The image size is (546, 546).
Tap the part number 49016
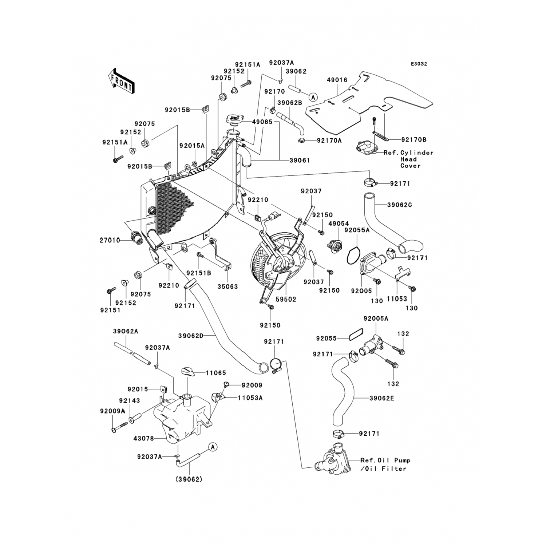pos(337,80)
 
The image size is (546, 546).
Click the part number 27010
pos(110,240)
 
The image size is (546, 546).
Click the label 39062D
pos(191,336)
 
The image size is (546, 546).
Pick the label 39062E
pos(381,398)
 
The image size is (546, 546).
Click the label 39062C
pos(399,205)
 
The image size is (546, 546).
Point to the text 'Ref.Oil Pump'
pos(385,460)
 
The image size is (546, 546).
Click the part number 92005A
pos(376,318)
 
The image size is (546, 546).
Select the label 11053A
pos(250,398)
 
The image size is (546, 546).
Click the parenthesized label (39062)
pos(189,479)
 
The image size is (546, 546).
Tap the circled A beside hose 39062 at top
pos(313,97)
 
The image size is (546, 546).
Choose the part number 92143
pos(129,401)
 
